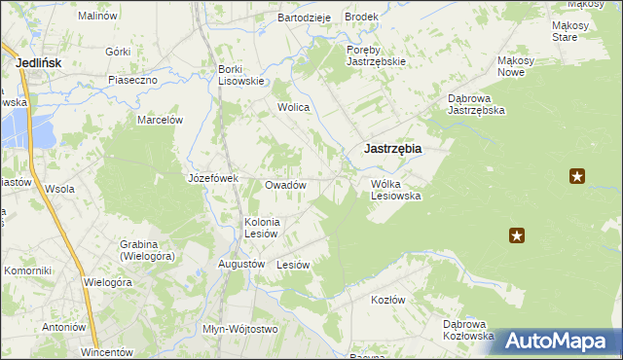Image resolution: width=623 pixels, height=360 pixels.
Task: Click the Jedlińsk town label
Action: point(41,62)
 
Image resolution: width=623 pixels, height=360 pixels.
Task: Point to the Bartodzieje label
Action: point(305,18)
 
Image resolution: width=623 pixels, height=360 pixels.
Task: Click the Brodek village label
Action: point(361,18)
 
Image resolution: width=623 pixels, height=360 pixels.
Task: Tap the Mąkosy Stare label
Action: point(565,31)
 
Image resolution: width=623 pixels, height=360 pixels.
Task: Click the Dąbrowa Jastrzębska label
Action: point(475,104)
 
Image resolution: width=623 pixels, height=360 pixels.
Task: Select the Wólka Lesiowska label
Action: point(395,189)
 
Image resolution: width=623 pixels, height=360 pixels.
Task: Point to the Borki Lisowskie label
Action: point(241,75)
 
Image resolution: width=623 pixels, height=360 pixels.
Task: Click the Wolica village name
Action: point(293,107)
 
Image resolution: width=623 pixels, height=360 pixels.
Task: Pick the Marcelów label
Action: point(161,120)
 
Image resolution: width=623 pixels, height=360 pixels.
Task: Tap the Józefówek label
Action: point(213,178)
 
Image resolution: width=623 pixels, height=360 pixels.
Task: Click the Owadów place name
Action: point(286,185)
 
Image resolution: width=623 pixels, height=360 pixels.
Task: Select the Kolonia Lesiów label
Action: point(261,227)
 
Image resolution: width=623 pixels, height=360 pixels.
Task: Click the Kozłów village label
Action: point(387,300)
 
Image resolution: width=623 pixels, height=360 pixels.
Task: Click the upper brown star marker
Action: point(577,176)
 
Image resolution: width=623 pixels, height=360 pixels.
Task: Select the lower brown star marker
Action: point(517,234)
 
